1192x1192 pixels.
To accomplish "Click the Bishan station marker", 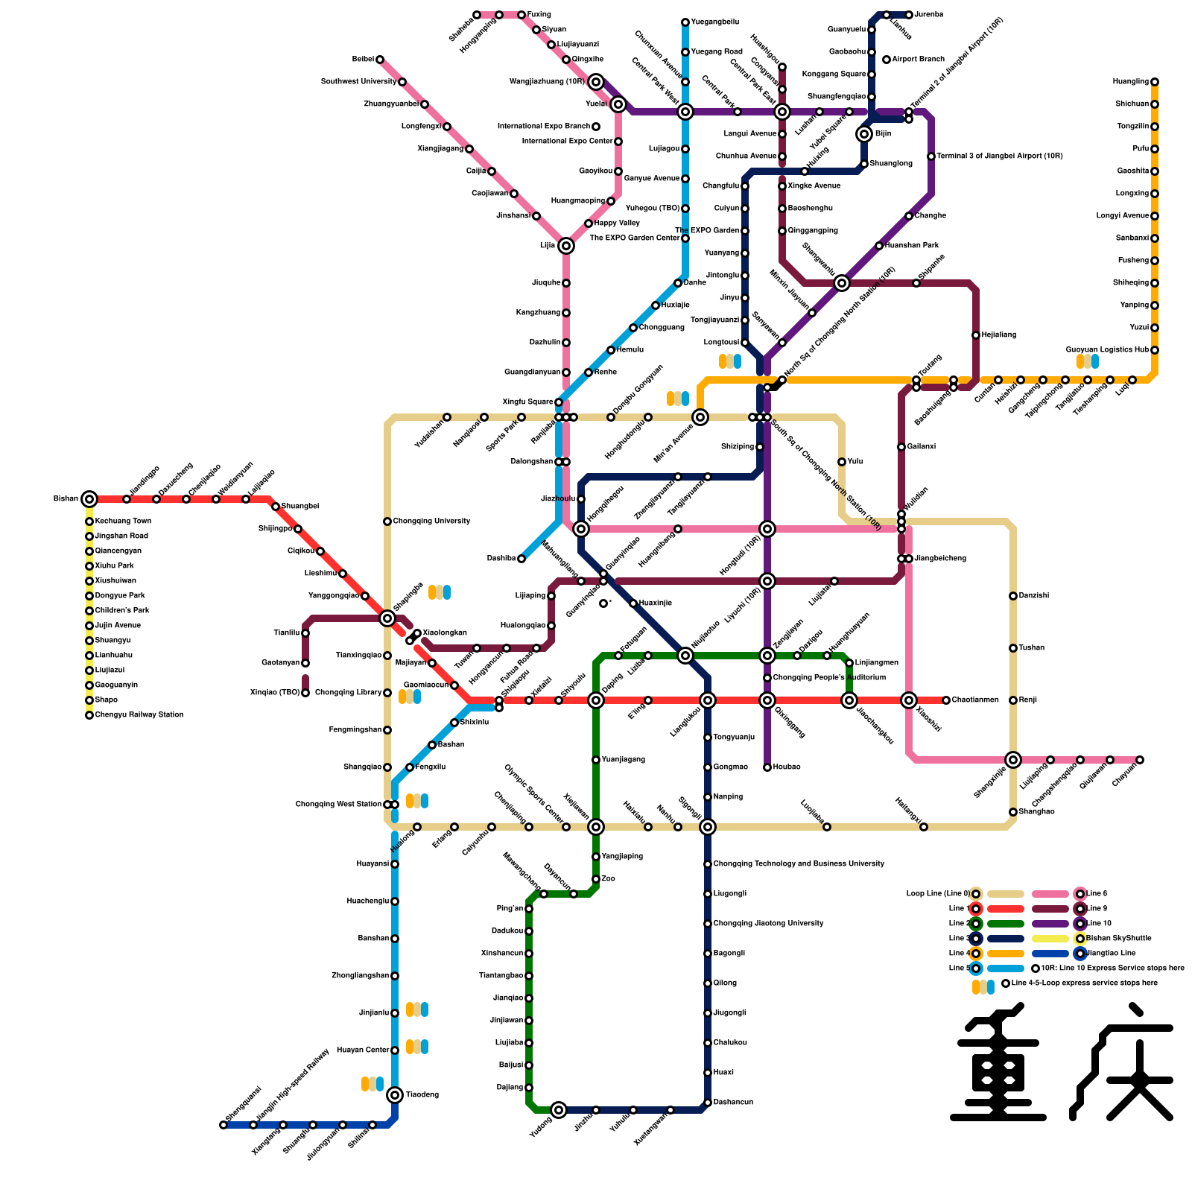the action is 89,499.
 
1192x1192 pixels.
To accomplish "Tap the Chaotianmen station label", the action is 975,700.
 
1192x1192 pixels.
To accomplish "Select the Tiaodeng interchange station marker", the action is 395,1095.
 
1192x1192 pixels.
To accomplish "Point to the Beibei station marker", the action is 380,60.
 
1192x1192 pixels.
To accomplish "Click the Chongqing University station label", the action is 431,521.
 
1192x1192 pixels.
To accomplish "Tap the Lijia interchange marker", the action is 566,246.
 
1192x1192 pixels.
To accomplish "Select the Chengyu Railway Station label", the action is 139,715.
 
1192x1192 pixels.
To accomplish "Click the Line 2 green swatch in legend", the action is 1006,924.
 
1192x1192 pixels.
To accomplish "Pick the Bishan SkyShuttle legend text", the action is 1119,939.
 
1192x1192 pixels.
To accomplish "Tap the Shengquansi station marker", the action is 223,1125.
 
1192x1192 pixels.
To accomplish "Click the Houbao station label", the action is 787,767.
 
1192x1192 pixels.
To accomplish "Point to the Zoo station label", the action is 609,879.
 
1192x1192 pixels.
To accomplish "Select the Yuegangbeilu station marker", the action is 685,22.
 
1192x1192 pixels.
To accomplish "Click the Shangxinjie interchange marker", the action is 1013,760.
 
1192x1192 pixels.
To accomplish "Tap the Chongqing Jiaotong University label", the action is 768,924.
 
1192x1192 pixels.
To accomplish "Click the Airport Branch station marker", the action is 887,60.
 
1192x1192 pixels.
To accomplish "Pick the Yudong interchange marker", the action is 559,1110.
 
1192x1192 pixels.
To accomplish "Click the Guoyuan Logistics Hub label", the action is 1107,350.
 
